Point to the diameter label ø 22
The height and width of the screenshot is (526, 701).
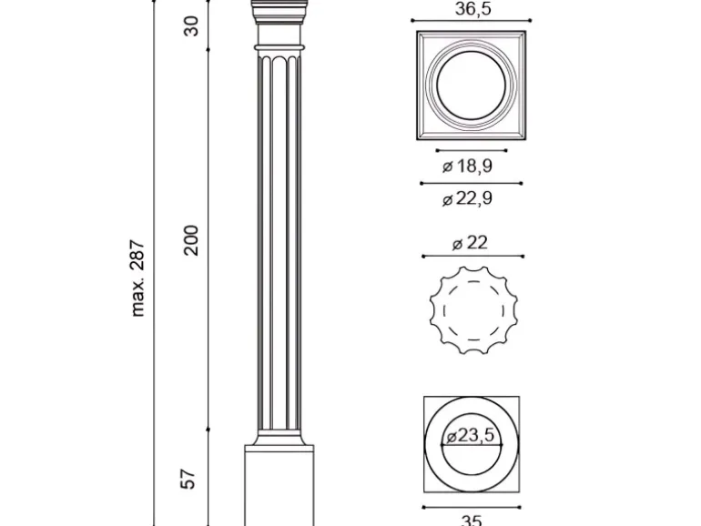[x=470, y=242]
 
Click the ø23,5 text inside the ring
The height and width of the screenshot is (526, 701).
[x=471, y=436]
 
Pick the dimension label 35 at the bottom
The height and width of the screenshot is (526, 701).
[x=471, y=520]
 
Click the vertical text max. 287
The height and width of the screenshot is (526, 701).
[x=138, y=278]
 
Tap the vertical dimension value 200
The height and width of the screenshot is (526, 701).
[x=191, y=239]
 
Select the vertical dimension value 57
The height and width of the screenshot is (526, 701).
[x=189, y=478]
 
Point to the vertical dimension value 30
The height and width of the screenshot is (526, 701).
[x=191, y=26]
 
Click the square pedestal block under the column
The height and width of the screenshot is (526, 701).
[x=279, y=487]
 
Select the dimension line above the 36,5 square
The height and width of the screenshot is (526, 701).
[x=471, y=20]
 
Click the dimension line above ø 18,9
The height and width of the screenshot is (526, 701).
[x=471, y=151]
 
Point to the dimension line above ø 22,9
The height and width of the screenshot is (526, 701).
[x=471, y=183]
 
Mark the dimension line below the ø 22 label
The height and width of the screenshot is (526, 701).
[x=471, y=256]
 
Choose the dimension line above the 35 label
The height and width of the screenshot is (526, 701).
[x=471, y=506]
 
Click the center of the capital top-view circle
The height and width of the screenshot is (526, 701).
[x=471, y=86]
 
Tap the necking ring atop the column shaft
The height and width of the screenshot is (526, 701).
[x=279, y=45]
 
